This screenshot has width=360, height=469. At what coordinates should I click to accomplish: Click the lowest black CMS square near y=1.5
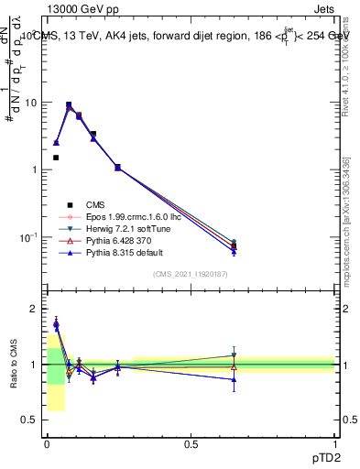pos(56,158)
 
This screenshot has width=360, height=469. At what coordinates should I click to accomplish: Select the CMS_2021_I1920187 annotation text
pos(191,274)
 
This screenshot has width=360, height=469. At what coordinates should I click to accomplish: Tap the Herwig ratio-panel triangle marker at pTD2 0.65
pos(235,355)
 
